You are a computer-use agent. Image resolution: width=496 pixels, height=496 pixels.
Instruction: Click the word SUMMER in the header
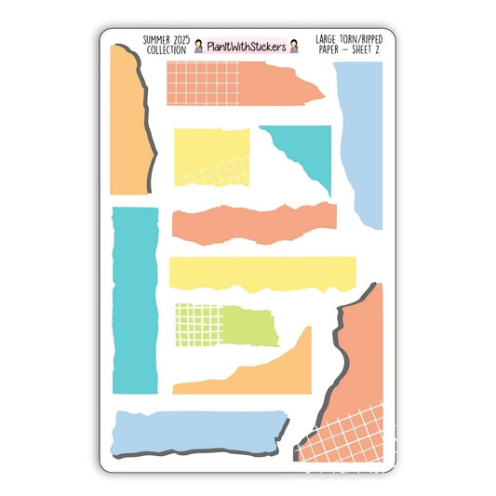tap(156, 41)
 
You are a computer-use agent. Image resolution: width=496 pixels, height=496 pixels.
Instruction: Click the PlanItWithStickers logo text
tap(247, 46)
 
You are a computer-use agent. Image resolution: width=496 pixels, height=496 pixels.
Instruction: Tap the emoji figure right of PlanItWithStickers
tap(295, 46)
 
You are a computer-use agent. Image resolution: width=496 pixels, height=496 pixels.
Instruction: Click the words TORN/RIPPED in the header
tap(348, 41)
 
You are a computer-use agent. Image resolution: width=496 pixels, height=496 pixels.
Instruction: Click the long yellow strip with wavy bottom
tap(262, 271)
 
